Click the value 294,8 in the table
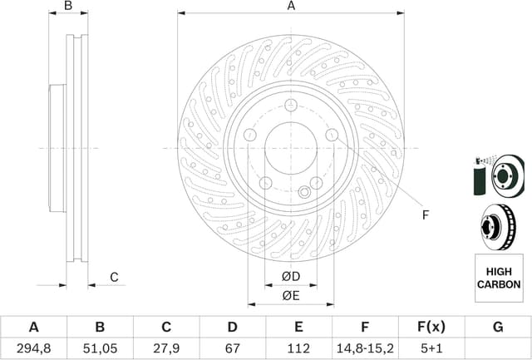coord(33,348)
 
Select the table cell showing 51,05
coord(100,348)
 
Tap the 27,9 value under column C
coord(166,348)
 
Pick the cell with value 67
coord(233,348)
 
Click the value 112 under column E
coord(298,348)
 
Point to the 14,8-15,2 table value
coord(365,348)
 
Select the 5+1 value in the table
coord(431,348)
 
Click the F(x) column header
coord(431,328)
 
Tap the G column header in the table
coord(498,328)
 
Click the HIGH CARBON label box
coord(498,278)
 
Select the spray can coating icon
coord(480,175)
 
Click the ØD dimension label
coord(290,275)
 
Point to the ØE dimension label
coord(290,295)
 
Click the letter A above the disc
coord(291,7)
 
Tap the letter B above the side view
coord(69,7)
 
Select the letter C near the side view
coord(115,276)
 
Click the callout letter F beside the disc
coord(424,215)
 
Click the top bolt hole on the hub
coord(290,105)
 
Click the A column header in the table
coord(33,328)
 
